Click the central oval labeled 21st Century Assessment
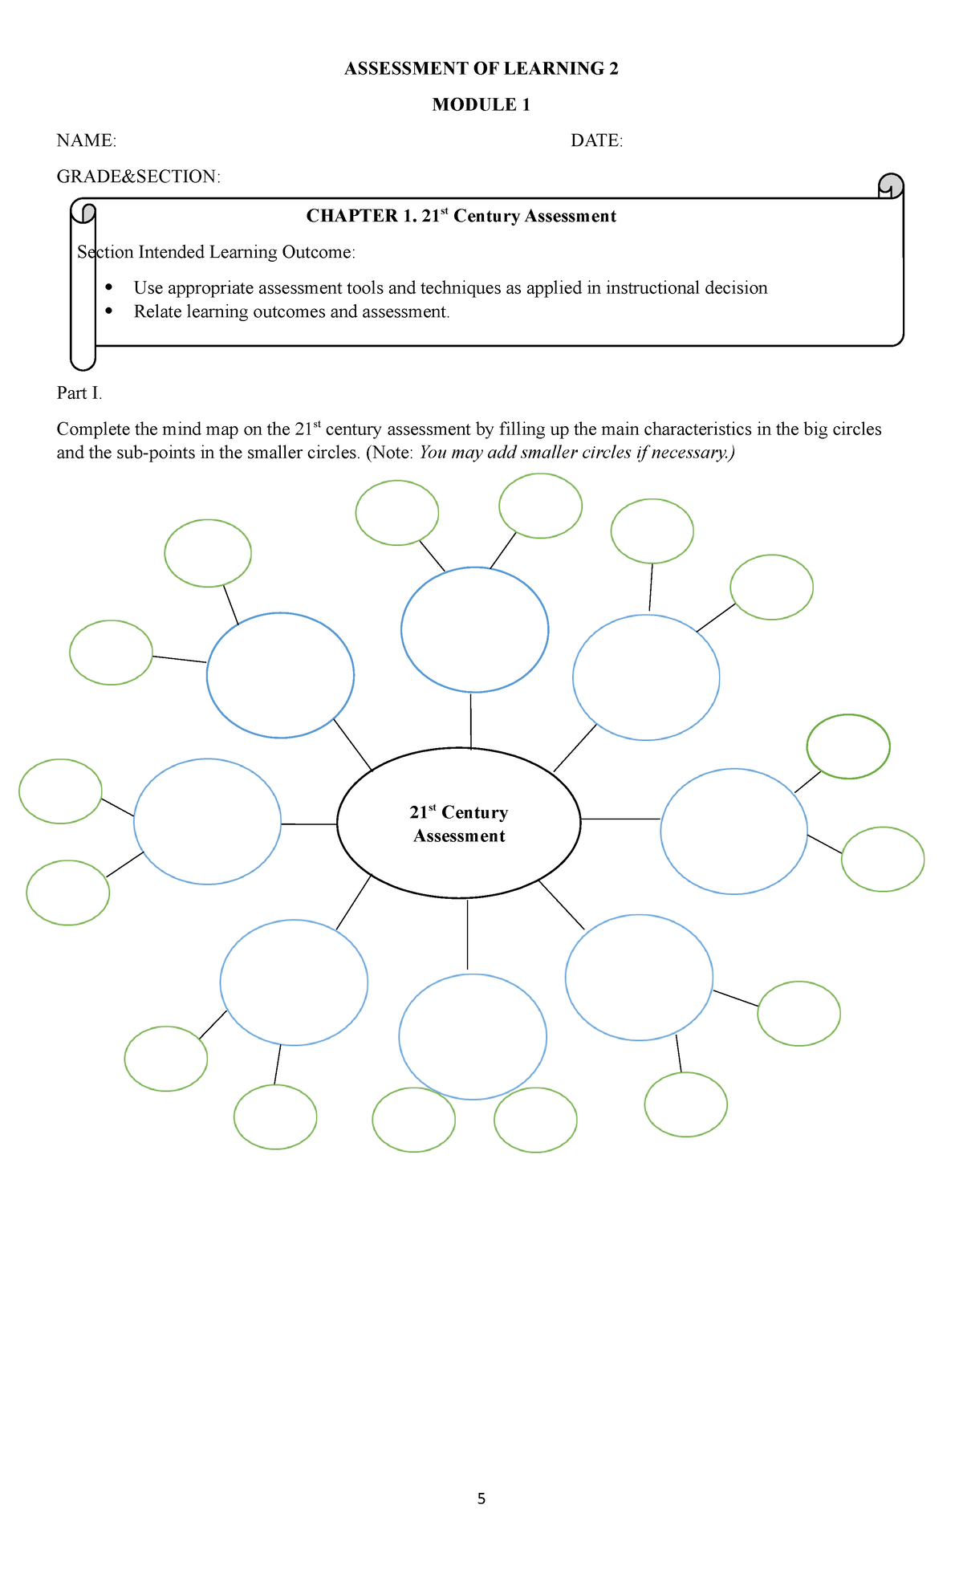tap(458, 823)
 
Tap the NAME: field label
tap(86, 140)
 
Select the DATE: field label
tap(596, 140)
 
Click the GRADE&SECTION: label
tap(138, 177)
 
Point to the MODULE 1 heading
tap(481, 104)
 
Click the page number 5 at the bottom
tap(481, 1499)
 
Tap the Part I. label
tap(79, 392)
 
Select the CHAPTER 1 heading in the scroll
tap(461, 216)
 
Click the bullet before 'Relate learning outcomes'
tap(109, 311)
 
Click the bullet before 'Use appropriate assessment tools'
tap(109, 287)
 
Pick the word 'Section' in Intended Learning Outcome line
tap(104, 252)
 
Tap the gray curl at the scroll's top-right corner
tap(891, 185)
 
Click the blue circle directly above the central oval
tap(474, 629)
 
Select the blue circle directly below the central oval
tap(473, 1036)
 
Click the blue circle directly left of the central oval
tap(207, 821)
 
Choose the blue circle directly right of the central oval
tap(733, 832)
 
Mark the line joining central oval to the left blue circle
tap(308, 823)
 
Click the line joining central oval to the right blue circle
tap(620, 819)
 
